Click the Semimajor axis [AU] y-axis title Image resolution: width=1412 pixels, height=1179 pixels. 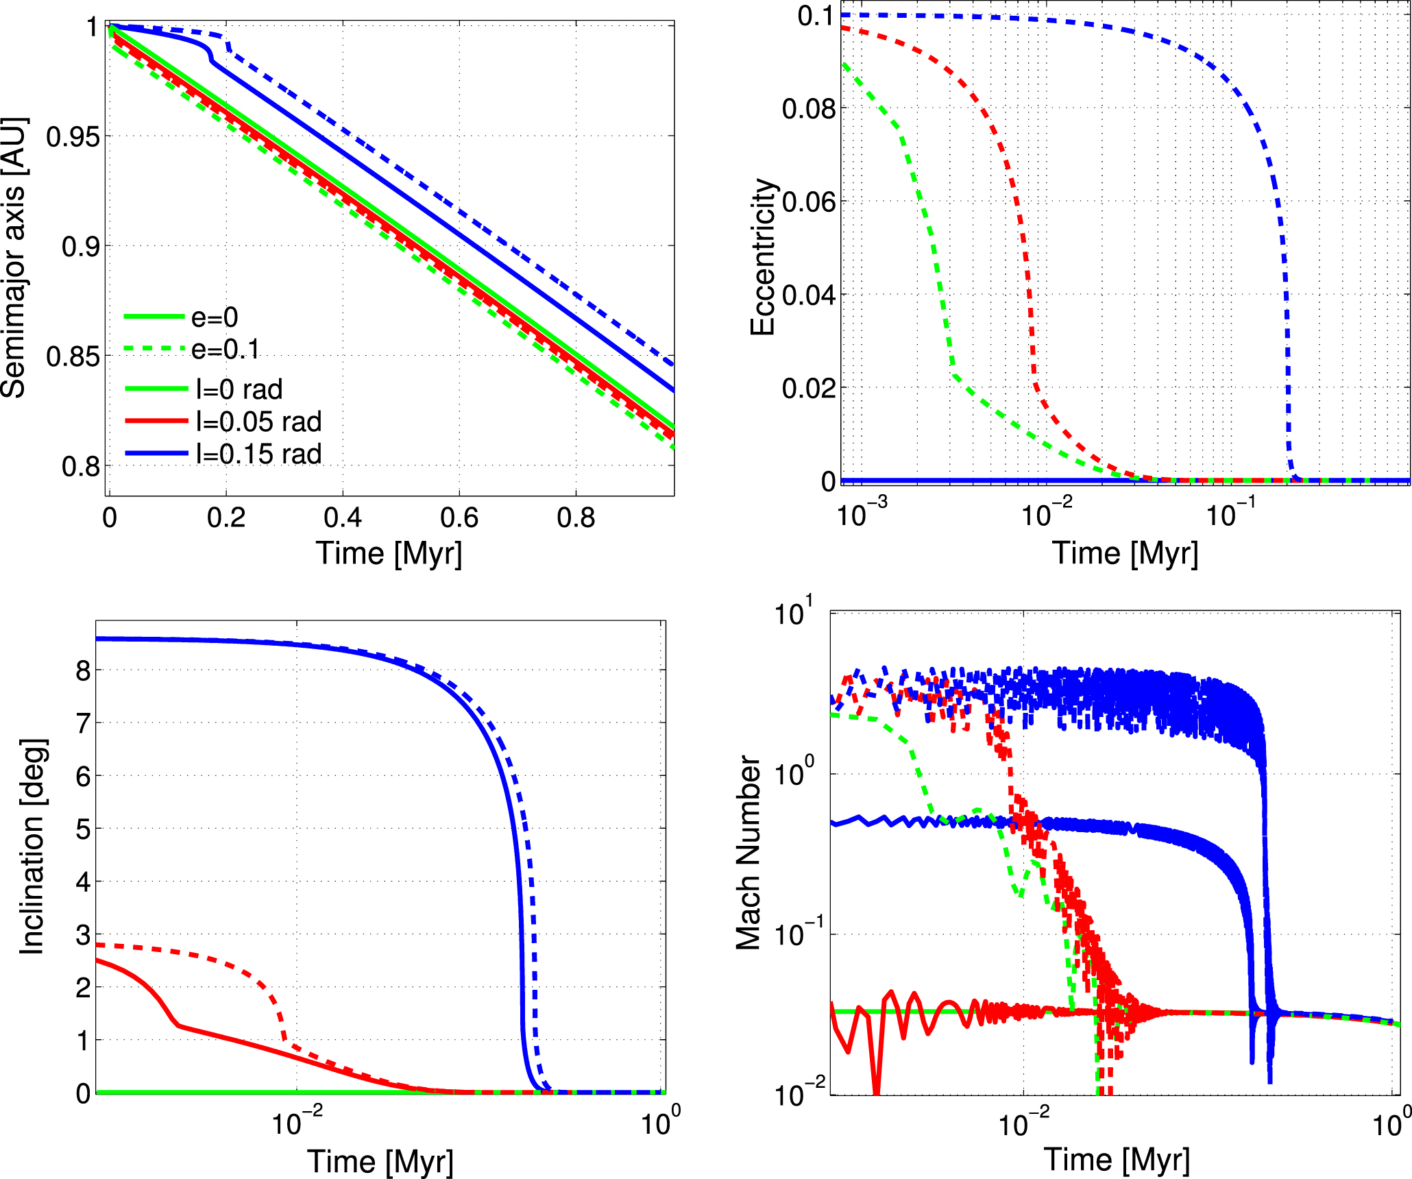click(14, 258)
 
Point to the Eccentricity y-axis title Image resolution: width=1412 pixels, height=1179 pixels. click(762, 258)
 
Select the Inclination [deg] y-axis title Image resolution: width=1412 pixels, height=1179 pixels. click(32, 847)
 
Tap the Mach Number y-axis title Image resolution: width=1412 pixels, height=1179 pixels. click(748, 853)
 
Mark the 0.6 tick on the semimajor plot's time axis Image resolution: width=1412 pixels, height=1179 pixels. click(459, 518)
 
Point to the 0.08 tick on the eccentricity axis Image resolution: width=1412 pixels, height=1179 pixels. click(809, 108)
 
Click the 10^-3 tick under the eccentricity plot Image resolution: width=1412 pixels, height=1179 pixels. click(862, 513)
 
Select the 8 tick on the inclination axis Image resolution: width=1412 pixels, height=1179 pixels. click(83, 670)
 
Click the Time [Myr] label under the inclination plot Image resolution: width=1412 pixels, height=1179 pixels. click(380, 1161)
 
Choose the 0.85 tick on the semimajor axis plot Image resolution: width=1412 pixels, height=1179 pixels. click(73, 357)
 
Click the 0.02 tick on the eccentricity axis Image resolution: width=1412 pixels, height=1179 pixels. click(809, 388)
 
